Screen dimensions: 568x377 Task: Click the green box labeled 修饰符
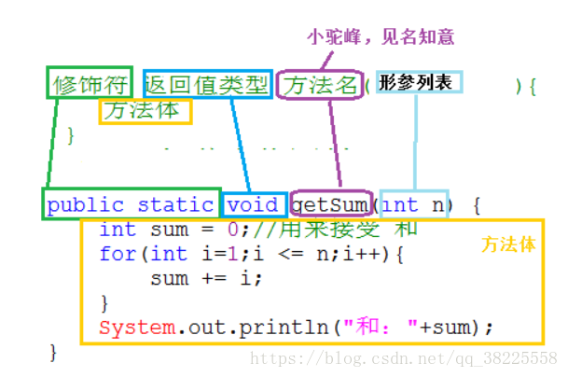tap(90, 84)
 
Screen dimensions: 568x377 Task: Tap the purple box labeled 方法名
tap(322, 85)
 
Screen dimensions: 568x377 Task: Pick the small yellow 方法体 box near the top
tap(145, 110)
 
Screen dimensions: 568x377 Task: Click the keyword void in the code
tap(253, 204)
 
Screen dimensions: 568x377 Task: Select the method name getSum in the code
tap(331, 204)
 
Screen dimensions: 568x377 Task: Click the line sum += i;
tap(206, 278)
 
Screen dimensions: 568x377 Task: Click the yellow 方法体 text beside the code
tap(508, 244)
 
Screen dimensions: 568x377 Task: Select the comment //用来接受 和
tap(332, 230)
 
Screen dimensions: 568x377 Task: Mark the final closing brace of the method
tap(53, 352)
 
